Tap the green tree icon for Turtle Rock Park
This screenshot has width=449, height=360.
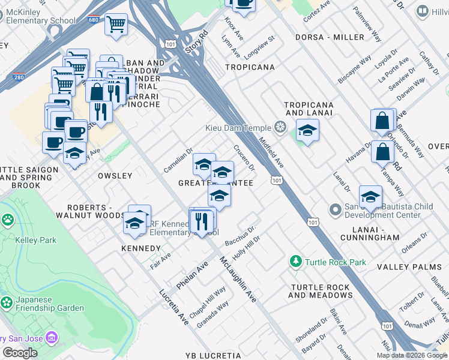point(295,262)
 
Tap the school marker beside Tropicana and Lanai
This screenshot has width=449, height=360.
point(307,131)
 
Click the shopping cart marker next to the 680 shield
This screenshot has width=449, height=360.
point(116,25)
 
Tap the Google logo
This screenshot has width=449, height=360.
point(20,352)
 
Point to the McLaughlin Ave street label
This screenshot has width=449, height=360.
point(238,280)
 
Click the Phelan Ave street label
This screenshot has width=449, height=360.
point(193,274)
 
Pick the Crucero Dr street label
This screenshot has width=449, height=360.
point(244,157)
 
